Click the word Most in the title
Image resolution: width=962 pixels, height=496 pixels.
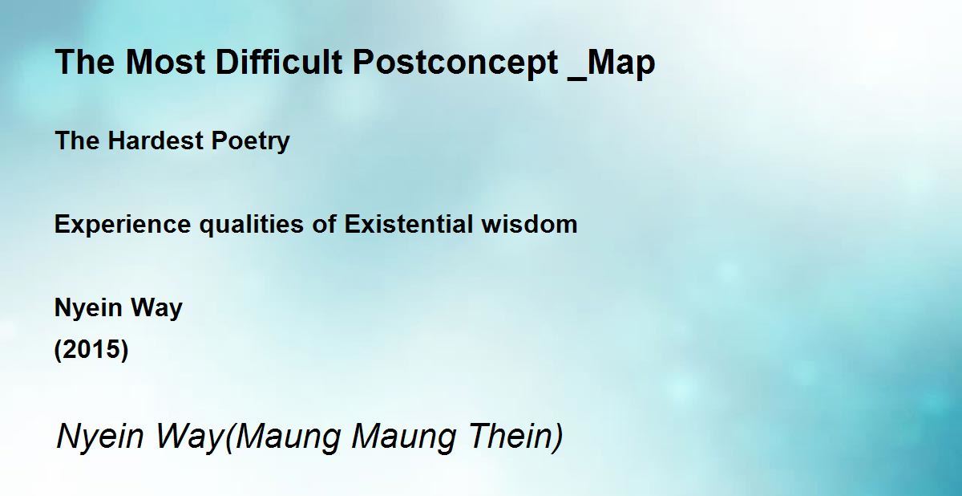tap(165, 62)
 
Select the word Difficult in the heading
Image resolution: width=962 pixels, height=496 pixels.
tap(279, 62)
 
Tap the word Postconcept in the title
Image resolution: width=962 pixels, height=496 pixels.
tap(455, 63)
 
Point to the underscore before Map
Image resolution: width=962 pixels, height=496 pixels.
tap(576, 78)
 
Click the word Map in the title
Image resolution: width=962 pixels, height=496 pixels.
tap(620, 63)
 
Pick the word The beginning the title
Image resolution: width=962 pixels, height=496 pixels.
tap(85, 62)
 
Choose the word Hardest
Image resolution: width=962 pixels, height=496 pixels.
tap(155, 140)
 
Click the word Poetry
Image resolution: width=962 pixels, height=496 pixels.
tap(250, 141)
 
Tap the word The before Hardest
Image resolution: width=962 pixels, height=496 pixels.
tap(77, 140)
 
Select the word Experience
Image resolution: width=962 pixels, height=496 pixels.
tap(123, 226)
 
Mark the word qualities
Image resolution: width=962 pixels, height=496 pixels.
tap(251, 226)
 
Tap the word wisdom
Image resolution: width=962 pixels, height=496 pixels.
tap(529, 224)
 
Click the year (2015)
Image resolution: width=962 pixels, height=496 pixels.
tap(91, 349)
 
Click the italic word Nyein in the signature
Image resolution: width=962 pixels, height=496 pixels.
tap(99, 437)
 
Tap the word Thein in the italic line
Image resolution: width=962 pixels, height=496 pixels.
tap(515, 437)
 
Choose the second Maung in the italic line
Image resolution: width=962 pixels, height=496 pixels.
tap(403, 438)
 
